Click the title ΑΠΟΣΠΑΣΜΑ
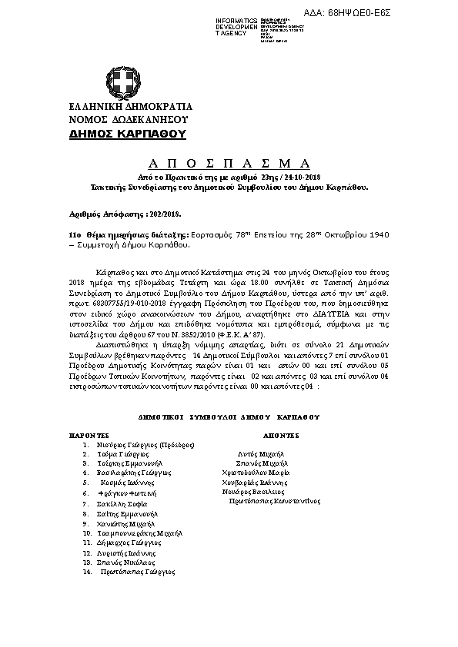pos(229,164)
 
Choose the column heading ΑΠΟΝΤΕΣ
pos(283,434)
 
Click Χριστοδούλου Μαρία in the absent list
pos(276,474)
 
